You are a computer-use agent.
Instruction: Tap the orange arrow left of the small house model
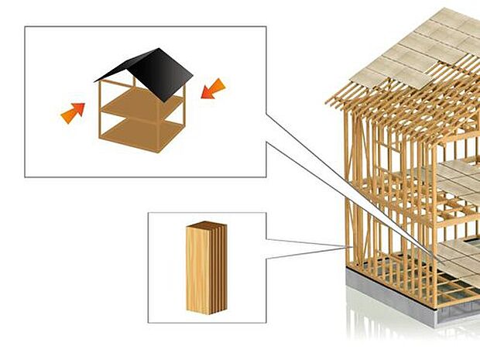coord(73,113)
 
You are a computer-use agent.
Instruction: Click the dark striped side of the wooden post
coord(220,267)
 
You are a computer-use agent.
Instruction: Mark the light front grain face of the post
coord(198,271)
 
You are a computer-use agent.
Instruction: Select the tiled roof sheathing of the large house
coord(418,46)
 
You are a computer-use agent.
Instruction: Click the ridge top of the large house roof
coord(445,11)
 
